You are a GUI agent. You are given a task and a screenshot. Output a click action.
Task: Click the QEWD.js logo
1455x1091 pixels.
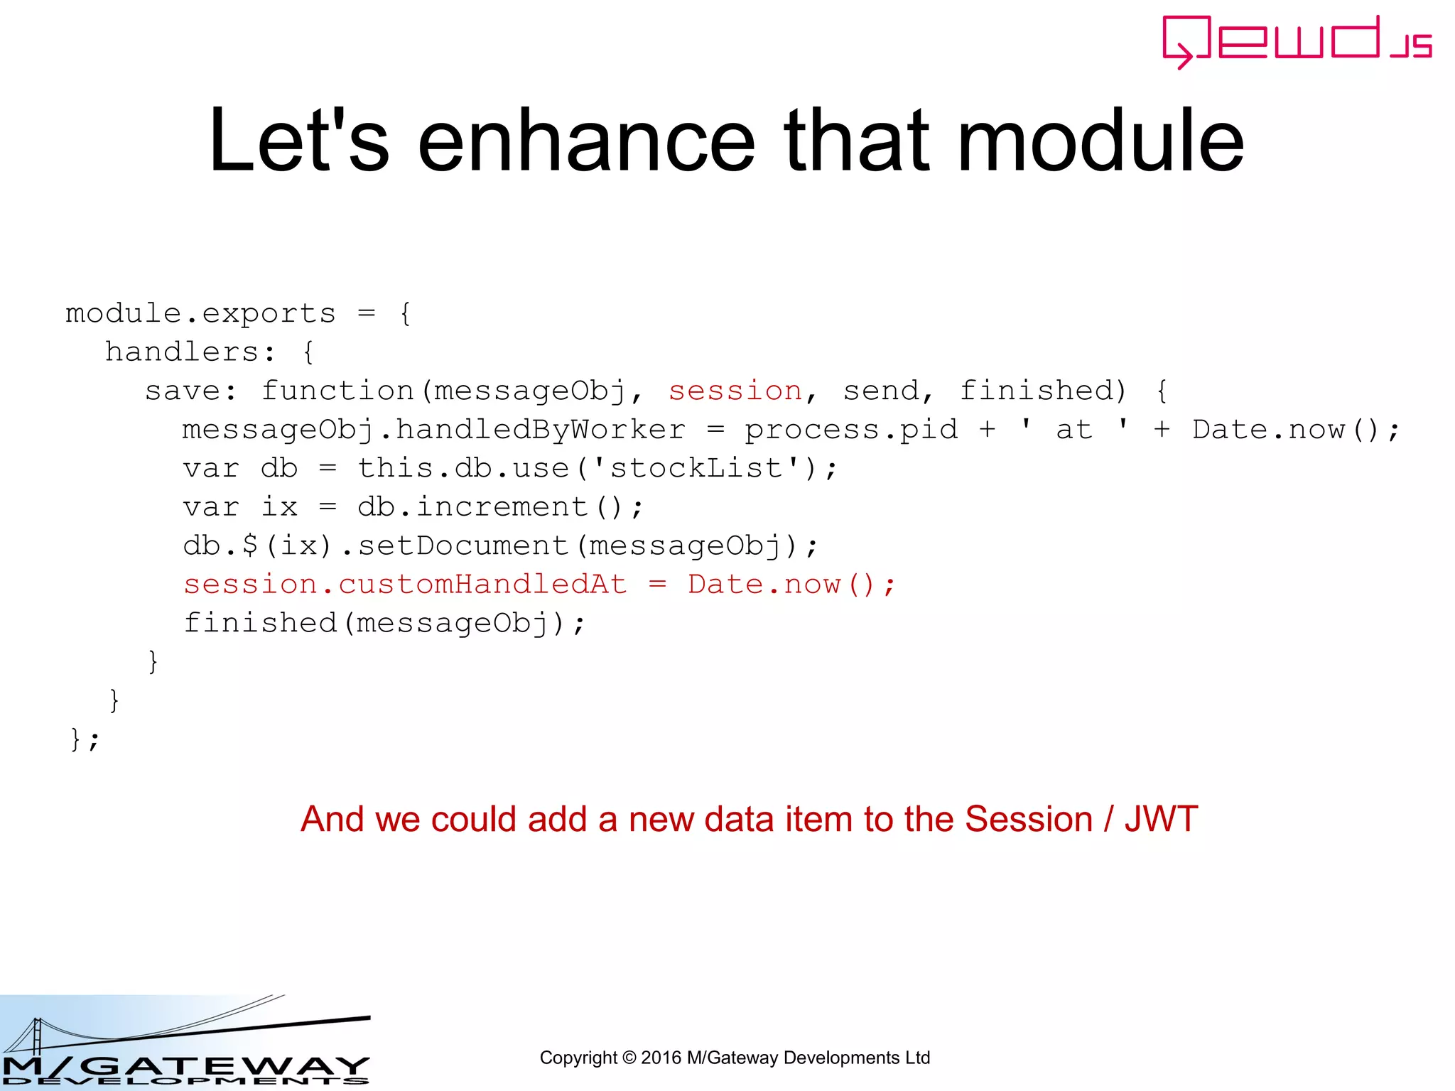tap(1297, 41)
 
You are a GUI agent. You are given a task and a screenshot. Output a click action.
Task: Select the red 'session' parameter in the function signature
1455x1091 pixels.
tap(735, 391)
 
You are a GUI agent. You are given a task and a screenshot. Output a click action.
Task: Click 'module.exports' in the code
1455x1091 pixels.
tap(200, 313)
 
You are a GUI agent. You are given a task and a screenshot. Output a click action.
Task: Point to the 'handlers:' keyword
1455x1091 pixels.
tap(190, 352)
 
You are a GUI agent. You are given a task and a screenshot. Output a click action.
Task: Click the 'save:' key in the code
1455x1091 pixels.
tap(191, 391)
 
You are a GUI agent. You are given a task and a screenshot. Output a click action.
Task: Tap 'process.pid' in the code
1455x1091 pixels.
tap(850, 430)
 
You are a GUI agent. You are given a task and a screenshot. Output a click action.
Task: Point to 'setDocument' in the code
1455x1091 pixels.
tap(463, 545)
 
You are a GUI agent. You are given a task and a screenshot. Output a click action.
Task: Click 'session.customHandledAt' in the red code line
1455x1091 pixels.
tap(405, 585)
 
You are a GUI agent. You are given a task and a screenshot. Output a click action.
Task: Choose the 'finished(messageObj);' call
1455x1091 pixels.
tap(384, 623)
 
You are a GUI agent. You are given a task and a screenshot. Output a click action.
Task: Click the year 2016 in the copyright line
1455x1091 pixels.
tap(661, 1058)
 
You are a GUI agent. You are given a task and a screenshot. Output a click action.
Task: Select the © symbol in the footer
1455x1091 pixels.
tap(629, 1058)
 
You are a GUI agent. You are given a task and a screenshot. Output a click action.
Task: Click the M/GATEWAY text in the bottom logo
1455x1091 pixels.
tap(186, 1065)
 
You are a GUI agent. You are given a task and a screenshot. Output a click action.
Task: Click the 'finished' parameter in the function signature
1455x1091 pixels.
tap(1042, 391)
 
